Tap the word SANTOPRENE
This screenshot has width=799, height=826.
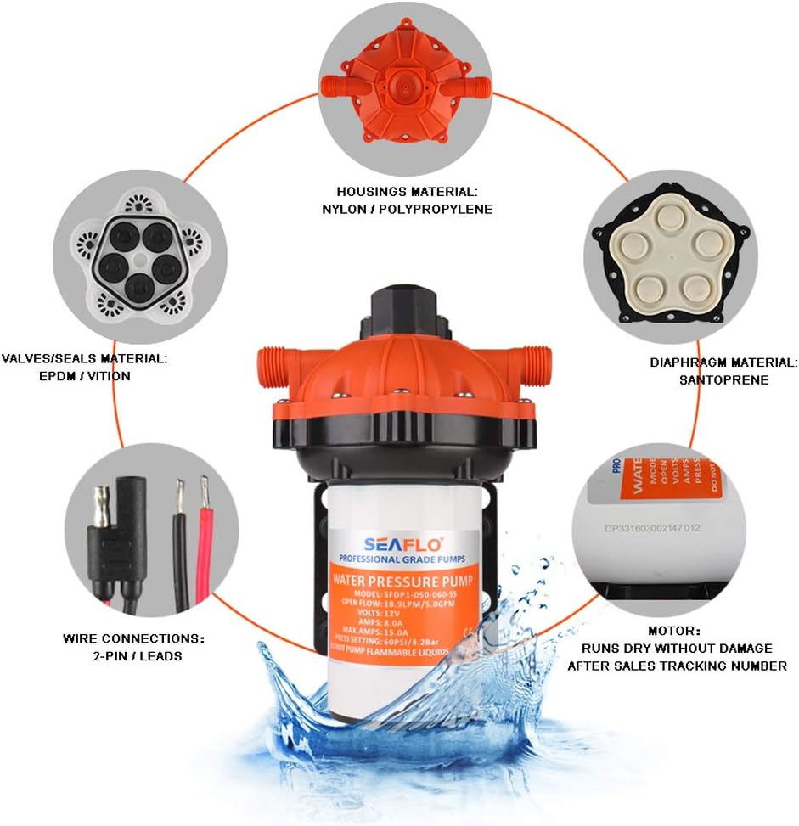[x=723, y=379]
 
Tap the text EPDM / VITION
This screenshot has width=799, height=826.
[x=83, y=375]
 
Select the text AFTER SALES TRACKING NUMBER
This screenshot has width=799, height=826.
[x=677, y=666]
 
